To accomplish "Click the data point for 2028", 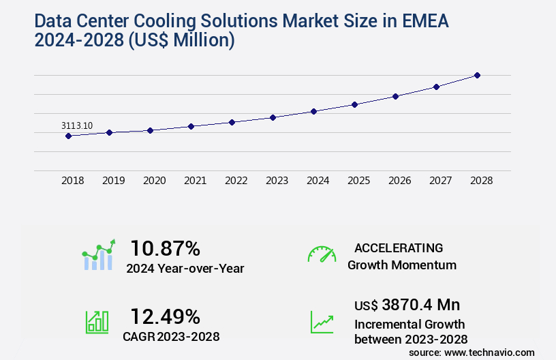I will pyautogui.click(x=477, y=75).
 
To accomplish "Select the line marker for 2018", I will pyautogui.click(x=68, y=136).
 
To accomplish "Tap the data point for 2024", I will pyautogui.click(x=313, y=111).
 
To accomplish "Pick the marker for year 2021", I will pyautogui.click(x=191, y=126).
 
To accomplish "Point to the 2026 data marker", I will pyautogui.click(x=395, y=96).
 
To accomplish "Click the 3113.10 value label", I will pyautogui.click(x=77, y=125).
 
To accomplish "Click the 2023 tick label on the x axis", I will pyautogui.click(x=277, y=181).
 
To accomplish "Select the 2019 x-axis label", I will pyautogui.click(x=113, y=181).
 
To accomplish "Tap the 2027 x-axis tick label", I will pyautogui.click(x=440, y=181).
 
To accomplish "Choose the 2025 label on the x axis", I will pyautogui.click(x=358, y=181).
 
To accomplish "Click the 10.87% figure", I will pyautogui.click(x=165, y=248).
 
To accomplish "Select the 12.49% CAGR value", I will pyautogui.click(x=165, y=316).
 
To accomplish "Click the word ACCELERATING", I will pyautogui.click(x=399, y=247).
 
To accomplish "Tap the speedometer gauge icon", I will pyautogui.click(x=322, y=254).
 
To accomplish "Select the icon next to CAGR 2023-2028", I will pyautogui.click(x=97, y=321).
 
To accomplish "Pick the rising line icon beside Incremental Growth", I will pyautogui.click(x=322, y=321).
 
